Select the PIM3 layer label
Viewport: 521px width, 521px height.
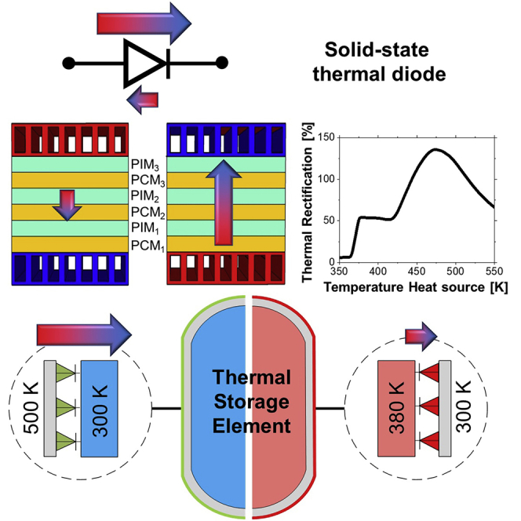[x=147, y=166]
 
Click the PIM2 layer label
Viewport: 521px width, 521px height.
[x=147, y=194]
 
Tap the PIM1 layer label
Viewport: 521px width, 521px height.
[x=147, y=222]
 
